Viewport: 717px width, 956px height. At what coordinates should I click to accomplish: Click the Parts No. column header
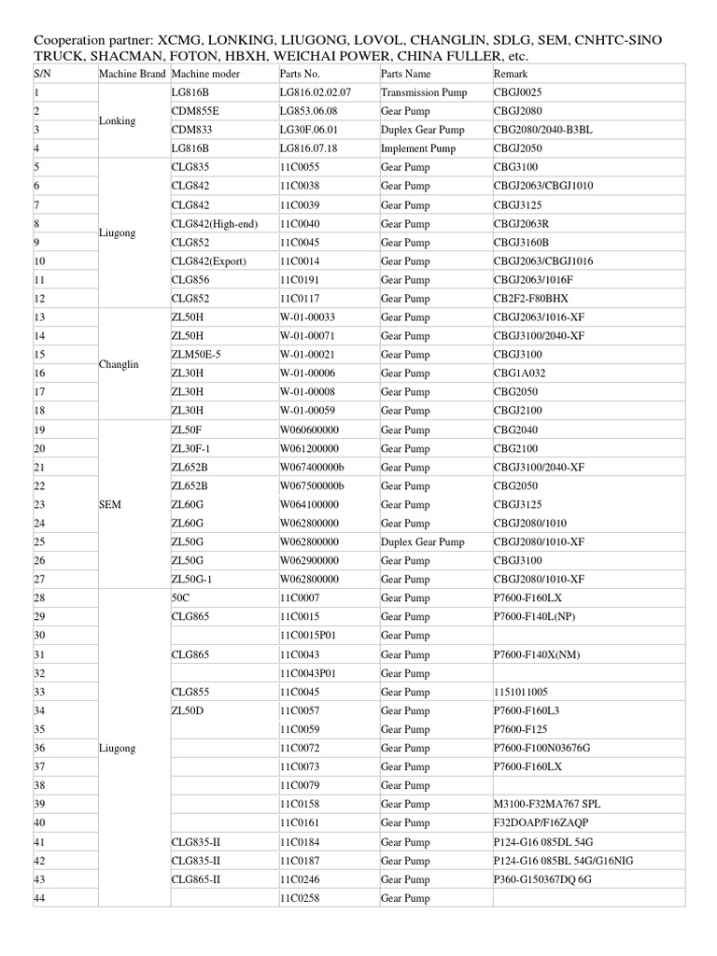[300, 74]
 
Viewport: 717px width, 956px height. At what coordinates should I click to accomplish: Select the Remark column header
[511, 74]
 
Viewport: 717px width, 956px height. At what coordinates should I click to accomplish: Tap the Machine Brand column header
[132, 74]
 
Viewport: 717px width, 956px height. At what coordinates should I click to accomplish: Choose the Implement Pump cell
[418, 148]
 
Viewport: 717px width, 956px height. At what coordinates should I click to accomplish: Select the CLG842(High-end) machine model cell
[215, 224]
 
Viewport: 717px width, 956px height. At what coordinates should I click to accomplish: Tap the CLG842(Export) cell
[209, 261]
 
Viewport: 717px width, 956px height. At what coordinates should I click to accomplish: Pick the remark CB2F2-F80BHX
[530, 299]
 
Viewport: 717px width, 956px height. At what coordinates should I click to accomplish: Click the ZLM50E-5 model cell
[196, 355]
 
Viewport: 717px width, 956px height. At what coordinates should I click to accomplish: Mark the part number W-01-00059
[307, 411]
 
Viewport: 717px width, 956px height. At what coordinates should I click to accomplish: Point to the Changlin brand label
[119, 364]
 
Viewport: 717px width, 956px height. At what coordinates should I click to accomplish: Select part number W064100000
[309, 504]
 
